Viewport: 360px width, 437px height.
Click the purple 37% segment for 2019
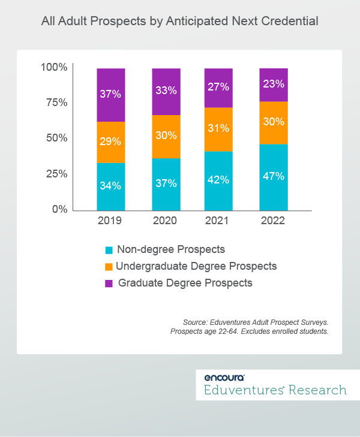pos(110,95)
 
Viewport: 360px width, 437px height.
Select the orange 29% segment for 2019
pos(110,142)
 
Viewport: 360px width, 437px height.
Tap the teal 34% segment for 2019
pos(110,186)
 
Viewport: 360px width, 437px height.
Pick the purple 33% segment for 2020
pos(165,92)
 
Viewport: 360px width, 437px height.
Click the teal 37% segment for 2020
pos(165,184)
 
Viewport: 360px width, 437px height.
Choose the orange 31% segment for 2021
pos(218,129)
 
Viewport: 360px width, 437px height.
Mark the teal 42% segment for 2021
pos(218,180)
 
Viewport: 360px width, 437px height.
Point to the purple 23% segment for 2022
pos(273,85)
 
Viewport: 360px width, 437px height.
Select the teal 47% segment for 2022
pos(273,177)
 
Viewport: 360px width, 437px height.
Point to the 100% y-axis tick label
pos(53,67)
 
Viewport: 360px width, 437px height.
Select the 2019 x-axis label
pos(110,221)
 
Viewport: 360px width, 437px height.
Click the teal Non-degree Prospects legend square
pos(109,249)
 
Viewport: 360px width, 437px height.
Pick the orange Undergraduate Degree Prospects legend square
pos(109,266)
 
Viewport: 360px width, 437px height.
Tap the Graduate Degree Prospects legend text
pos(185,282)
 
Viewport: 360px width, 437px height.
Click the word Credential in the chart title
pos(292,22)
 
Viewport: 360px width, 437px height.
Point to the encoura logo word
pos(224,378)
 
